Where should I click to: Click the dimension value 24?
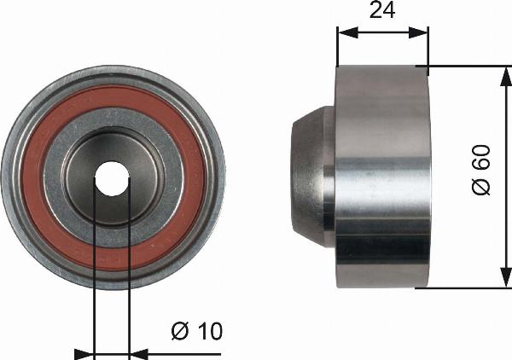pos(381,12)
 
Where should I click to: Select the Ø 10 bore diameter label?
pos(195,331)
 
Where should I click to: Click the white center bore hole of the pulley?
pos(112,179)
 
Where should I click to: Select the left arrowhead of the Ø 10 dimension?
pos(84,351)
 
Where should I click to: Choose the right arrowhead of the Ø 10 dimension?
pos(137,351)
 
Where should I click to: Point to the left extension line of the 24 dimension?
pos(338,47)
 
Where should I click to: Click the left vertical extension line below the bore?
pos(93,282)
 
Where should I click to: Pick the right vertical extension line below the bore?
pos(129,282)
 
